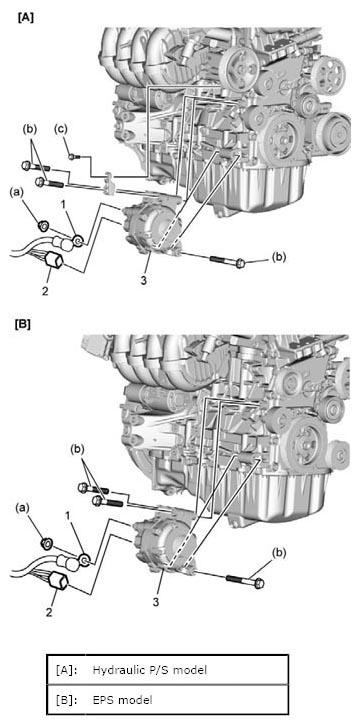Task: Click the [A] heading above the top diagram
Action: [x=26, y=18]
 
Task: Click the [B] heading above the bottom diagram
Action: [x=23, y=324]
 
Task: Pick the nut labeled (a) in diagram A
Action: [x=43, y=226]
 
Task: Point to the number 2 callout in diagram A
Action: [x=45, y=291]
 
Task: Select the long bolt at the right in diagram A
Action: [x=227, y=261]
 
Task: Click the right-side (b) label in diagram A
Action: [x=279, y=257]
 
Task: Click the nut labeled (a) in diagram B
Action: [x=47, y=543]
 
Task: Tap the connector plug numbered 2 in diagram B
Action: [x=60, y=580]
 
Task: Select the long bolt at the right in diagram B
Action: [x=245, y=579]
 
